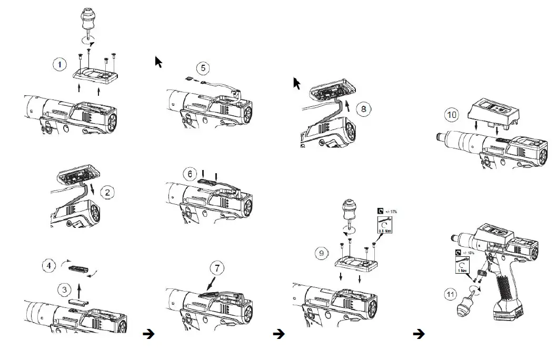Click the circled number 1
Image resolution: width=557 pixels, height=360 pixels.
[60, 65]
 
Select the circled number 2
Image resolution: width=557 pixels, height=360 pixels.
[107, 192]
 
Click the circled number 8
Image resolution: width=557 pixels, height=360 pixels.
[362, 109]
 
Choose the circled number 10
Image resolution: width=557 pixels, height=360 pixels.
[452, 114]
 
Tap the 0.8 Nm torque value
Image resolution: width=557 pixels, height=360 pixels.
[386, 229]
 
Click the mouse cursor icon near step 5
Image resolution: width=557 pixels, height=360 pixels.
[158, 62]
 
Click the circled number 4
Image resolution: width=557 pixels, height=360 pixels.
[49, 266]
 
